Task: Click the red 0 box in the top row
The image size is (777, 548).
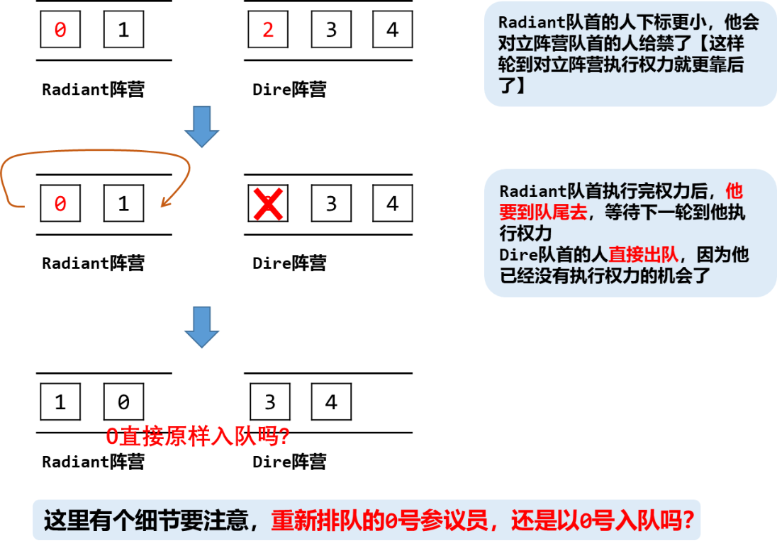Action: coord(60,30)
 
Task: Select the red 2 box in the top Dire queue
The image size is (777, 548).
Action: coord(268,30)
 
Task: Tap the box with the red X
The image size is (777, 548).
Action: coord(268,204)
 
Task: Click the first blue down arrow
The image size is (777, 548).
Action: coord(202,127)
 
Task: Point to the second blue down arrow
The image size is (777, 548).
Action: coord(202,327)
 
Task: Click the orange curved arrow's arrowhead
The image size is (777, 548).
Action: coord(164,202)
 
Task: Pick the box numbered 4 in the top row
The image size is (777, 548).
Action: coord(393,30)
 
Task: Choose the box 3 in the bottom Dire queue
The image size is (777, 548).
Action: coord(269,402)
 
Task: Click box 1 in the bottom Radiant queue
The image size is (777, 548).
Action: coord(60,402)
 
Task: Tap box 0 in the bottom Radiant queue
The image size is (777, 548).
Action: coord(123,402)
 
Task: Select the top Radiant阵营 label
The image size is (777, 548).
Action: coord(93,90)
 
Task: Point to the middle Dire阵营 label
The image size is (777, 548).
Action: coord(289,263)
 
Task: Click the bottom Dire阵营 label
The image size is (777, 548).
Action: coord(289,462)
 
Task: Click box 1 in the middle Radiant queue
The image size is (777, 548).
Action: coord(123,204)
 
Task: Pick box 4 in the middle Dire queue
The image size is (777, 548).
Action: coord(393,204)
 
